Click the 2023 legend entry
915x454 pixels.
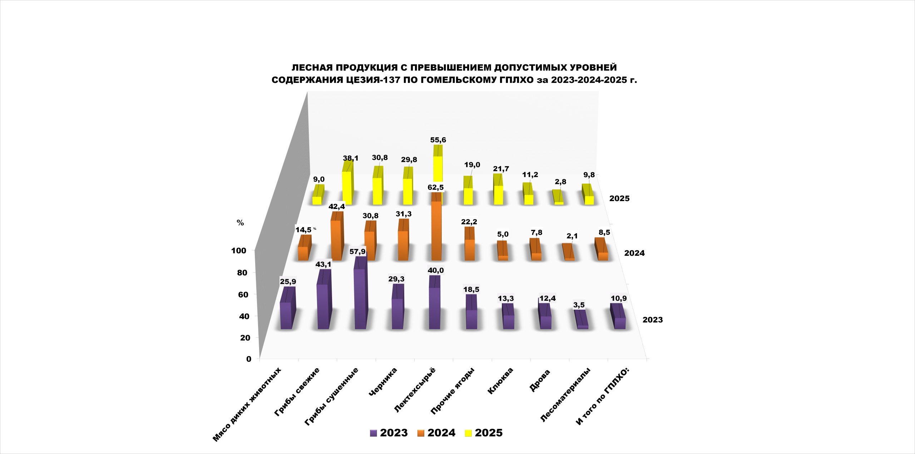[x=389, y=433]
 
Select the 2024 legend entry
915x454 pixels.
[x=436, y=433]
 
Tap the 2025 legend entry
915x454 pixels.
[x=484, y=433]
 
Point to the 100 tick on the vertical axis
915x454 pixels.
[x=239, y=251]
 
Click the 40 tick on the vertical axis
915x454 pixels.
[x=244, y=316]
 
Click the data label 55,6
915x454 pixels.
[x=438, y=140]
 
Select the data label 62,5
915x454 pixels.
[x=435, y=188]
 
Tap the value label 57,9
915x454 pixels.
[x=357, y=252]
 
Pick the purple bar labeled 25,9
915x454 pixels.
[x=286, y=314]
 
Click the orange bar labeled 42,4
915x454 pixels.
[x=336, y=239]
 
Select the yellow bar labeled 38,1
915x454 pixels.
[x=347, y=188]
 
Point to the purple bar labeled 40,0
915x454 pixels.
[x=434, y=307]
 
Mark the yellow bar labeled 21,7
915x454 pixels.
[x=498, y=195]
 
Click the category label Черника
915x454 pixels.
[x=383, y=381]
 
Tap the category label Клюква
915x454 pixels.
[x=500, y=381]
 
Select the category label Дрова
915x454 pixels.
[x=540, y=381]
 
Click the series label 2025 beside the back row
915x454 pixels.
[x=619, y=199]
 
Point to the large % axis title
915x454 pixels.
[x=240, y=223]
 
